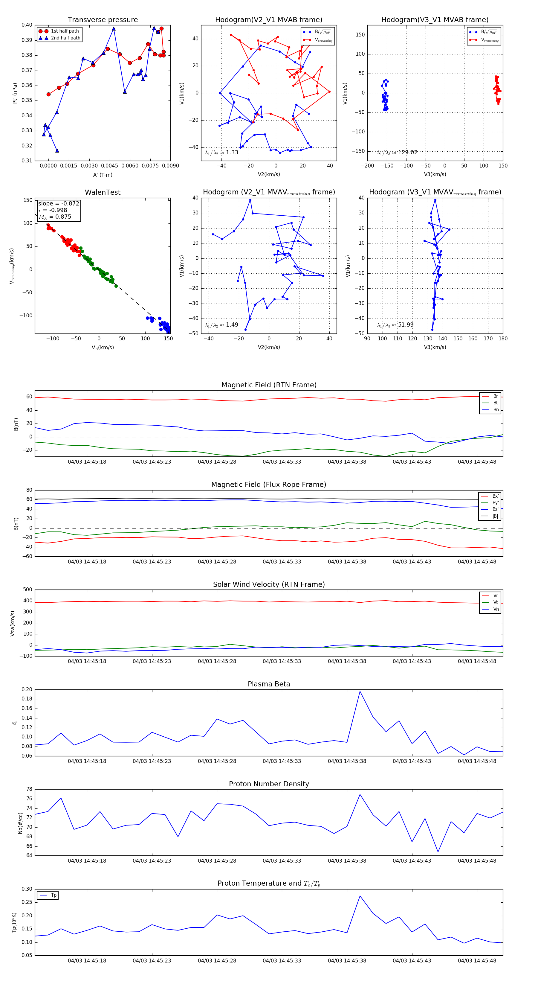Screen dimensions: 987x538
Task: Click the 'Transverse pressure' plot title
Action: (x=103, y=20)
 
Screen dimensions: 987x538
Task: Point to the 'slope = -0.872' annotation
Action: (x=59, y=203)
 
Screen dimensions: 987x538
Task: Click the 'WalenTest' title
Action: (x=103, y=192)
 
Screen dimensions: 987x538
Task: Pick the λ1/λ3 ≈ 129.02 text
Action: (x=397, y=153)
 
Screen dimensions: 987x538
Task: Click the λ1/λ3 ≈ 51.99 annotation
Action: (x=395, y=325)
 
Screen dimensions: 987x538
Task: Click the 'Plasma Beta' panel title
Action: (x=269, y=684)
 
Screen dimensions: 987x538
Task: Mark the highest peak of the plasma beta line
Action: (x=360, y=691)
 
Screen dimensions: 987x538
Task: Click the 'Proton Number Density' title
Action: (x=269, y=784)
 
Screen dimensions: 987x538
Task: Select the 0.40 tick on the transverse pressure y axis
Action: (x=27, y=25)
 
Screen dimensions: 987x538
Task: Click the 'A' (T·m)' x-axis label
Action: (x=103, y=175)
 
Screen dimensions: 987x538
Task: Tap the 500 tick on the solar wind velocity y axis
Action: (x=27, y=590)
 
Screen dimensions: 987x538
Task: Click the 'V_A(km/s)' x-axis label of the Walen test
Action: (x=103, y=348)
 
